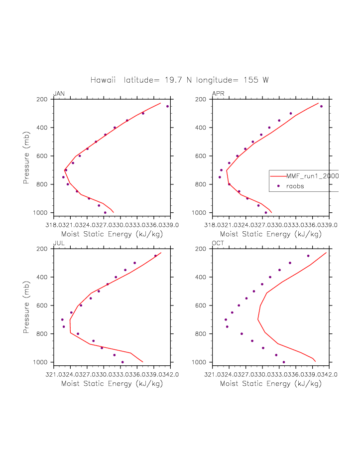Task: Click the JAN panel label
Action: click(x=59, y=94)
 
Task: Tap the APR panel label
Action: click(x=218, y=94)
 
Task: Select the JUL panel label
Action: click(x=59, y=243)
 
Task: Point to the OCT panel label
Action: click(x=218, y=243)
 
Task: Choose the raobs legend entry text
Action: click(x=295, y=186)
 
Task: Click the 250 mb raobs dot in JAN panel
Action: click(x=168, y=106)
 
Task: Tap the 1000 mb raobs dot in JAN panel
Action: click(x=105, y=212)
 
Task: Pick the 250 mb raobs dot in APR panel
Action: click(x=321, y=106)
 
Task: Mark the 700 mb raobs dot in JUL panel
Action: click(x=62, y=319)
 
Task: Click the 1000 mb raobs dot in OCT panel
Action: click(x=284, y=362)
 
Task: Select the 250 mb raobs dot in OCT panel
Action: click(x=308, y=256)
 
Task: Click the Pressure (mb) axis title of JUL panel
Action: click(x=26, y=306)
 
